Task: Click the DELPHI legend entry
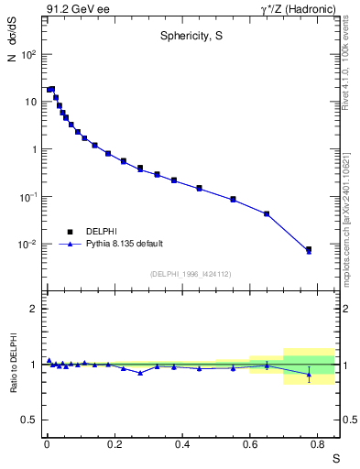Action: tap(101, 231)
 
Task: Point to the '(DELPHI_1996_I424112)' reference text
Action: tap(191, 273)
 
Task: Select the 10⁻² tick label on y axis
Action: tap(27, 245)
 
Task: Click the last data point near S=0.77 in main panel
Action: tap(309, 249)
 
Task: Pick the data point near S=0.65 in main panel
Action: tap(267, 213)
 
